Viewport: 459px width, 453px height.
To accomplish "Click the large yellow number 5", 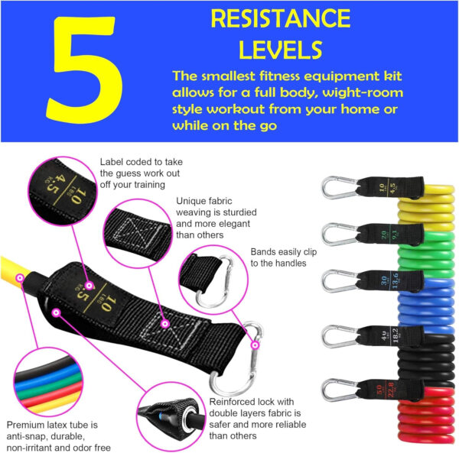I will tap(81, 71).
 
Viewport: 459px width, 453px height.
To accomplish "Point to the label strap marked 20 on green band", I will tap(386, 233).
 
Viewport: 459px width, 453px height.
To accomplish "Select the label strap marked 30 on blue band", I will tap(386, 280).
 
